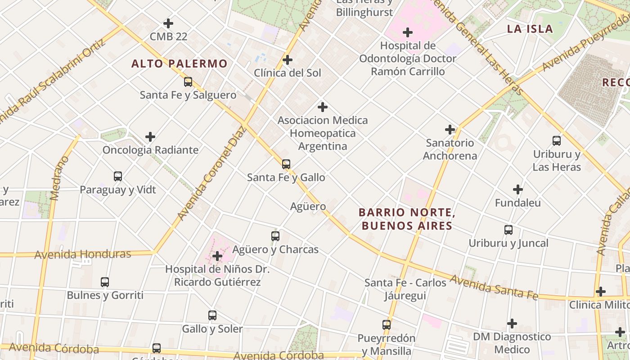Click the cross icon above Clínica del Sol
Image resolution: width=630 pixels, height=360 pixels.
[x=287, y=59]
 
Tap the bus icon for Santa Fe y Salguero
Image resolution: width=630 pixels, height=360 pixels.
[x=188, y=82]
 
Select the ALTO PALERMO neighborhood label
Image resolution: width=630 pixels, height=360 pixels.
[x=180, y=63]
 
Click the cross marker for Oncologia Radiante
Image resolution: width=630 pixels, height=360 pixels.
[x=150, y=137]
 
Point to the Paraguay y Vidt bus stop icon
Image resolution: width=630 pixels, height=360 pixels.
[x=118, y=176]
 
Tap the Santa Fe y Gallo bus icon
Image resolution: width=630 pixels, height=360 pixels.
[x=286, y=164]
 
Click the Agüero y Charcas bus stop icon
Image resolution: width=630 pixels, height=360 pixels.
[x=275, y=236]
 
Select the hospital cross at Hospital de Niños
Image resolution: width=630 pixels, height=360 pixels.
[x=217, y=256]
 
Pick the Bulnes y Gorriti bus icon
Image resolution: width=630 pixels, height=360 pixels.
[x=105, y=282]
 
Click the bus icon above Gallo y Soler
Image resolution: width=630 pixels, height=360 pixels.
[x=212, y=315]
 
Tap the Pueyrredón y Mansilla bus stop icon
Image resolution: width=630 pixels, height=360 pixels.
[x=387, y=324]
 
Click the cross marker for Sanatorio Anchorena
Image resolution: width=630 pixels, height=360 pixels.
[x=450, y=130]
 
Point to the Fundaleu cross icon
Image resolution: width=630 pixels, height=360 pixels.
[x=518, y=189]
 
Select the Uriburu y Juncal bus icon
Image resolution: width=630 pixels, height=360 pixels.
[x=508, y=230]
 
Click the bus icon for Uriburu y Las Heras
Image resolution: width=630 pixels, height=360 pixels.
[x=557, y=141]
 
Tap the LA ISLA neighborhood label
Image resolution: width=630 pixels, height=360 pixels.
[x=530, y=29]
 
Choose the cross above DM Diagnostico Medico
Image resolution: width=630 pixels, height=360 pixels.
[x=512, y=324]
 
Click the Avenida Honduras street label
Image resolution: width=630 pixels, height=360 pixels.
[x=83, y=254]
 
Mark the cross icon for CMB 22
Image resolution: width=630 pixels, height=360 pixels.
[x=168, y=23]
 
